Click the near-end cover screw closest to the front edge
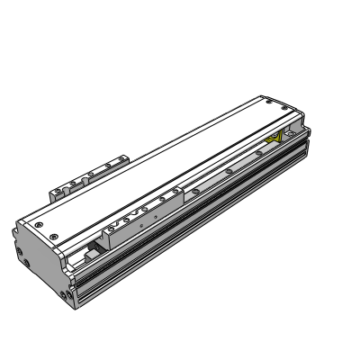coord(56,235)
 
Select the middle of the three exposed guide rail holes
coord(231,167)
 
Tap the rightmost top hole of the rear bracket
coord(117,162)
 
